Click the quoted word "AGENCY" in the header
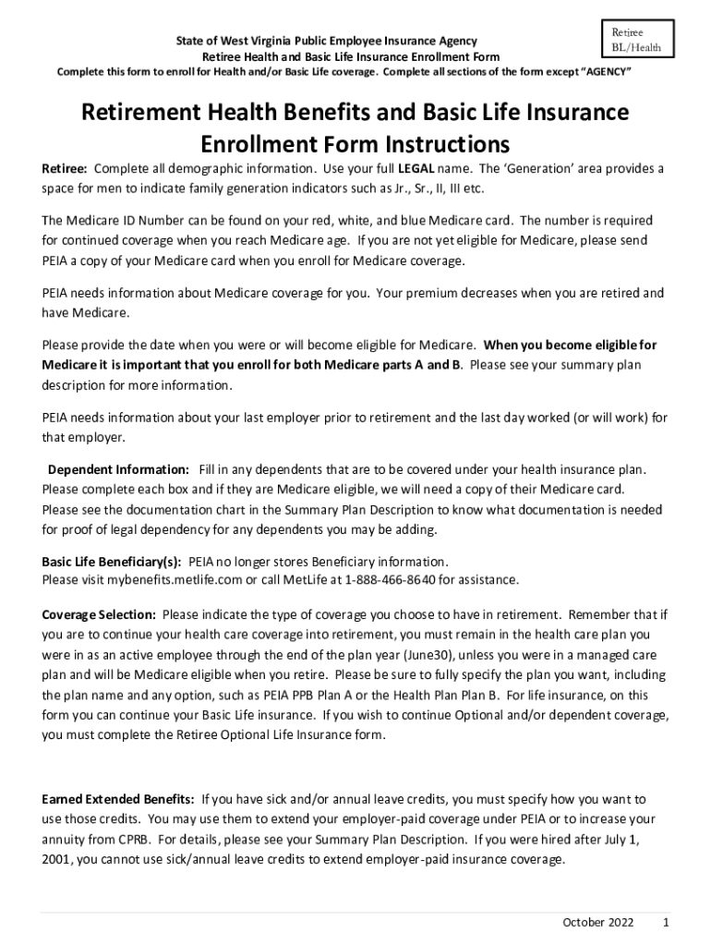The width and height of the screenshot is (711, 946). [601, 71]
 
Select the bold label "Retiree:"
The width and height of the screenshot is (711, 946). [65, 170]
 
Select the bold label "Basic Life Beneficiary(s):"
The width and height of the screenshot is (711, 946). [112, 562]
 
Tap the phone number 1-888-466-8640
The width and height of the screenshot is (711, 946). [390, 580]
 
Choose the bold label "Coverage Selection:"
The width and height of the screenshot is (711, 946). [99, 614]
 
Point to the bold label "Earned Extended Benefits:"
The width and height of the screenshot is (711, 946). [118, 799]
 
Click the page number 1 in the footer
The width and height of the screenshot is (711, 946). [666, 923]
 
